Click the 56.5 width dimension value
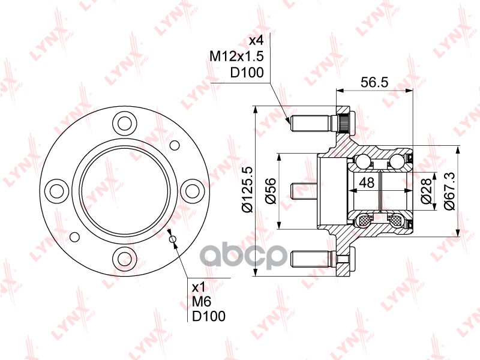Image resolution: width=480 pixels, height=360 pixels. [x=374, y=82]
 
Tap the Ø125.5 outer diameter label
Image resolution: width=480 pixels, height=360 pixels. [x=247, y=189]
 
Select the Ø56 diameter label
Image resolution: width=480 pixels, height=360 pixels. [x=271, y=190]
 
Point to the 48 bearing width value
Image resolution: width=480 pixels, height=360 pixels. [x=367, y=182]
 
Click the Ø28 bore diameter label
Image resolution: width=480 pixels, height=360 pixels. [x=426, y=191]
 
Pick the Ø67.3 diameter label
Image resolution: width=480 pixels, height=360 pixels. [x=449, y=191]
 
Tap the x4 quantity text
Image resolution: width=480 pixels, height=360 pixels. [x=256, y=40]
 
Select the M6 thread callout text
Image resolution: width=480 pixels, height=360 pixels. [x=202, y=302]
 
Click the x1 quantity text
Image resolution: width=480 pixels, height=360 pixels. [x=198, y=287]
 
